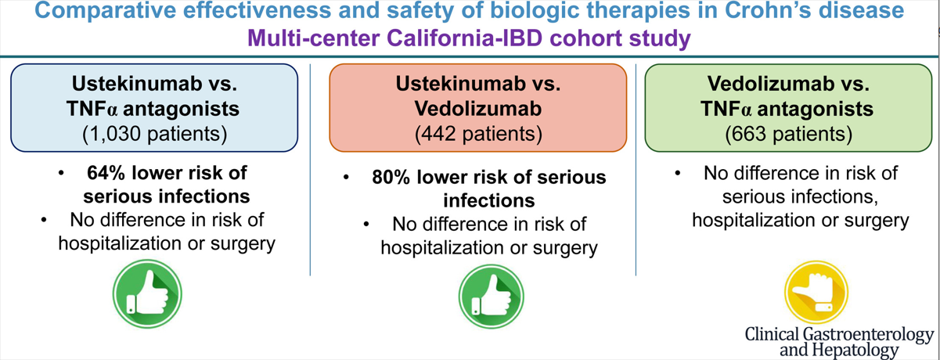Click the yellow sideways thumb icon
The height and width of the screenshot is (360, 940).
tap(816, 293)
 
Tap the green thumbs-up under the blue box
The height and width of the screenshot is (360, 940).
tap(147, 293)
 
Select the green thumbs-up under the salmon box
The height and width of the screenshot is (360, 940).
tap(491, 297)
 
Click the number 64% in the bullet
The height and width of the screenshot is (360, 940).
tap(106, 173)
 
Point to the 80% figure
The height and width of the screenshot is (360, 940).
tap(391, 178)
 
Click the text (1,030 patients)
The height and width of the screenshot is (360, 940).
tap(154, 134)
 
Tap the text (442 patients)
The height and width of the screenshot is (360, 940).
tap(478, 134)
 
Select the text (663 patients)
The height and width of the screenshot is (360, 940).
tap(789, 134)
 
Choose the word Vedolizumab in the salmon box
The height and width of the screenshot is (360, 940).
tap(478, 109)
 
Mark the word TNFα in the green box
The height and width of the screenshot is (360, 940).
tap(726, 109)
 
